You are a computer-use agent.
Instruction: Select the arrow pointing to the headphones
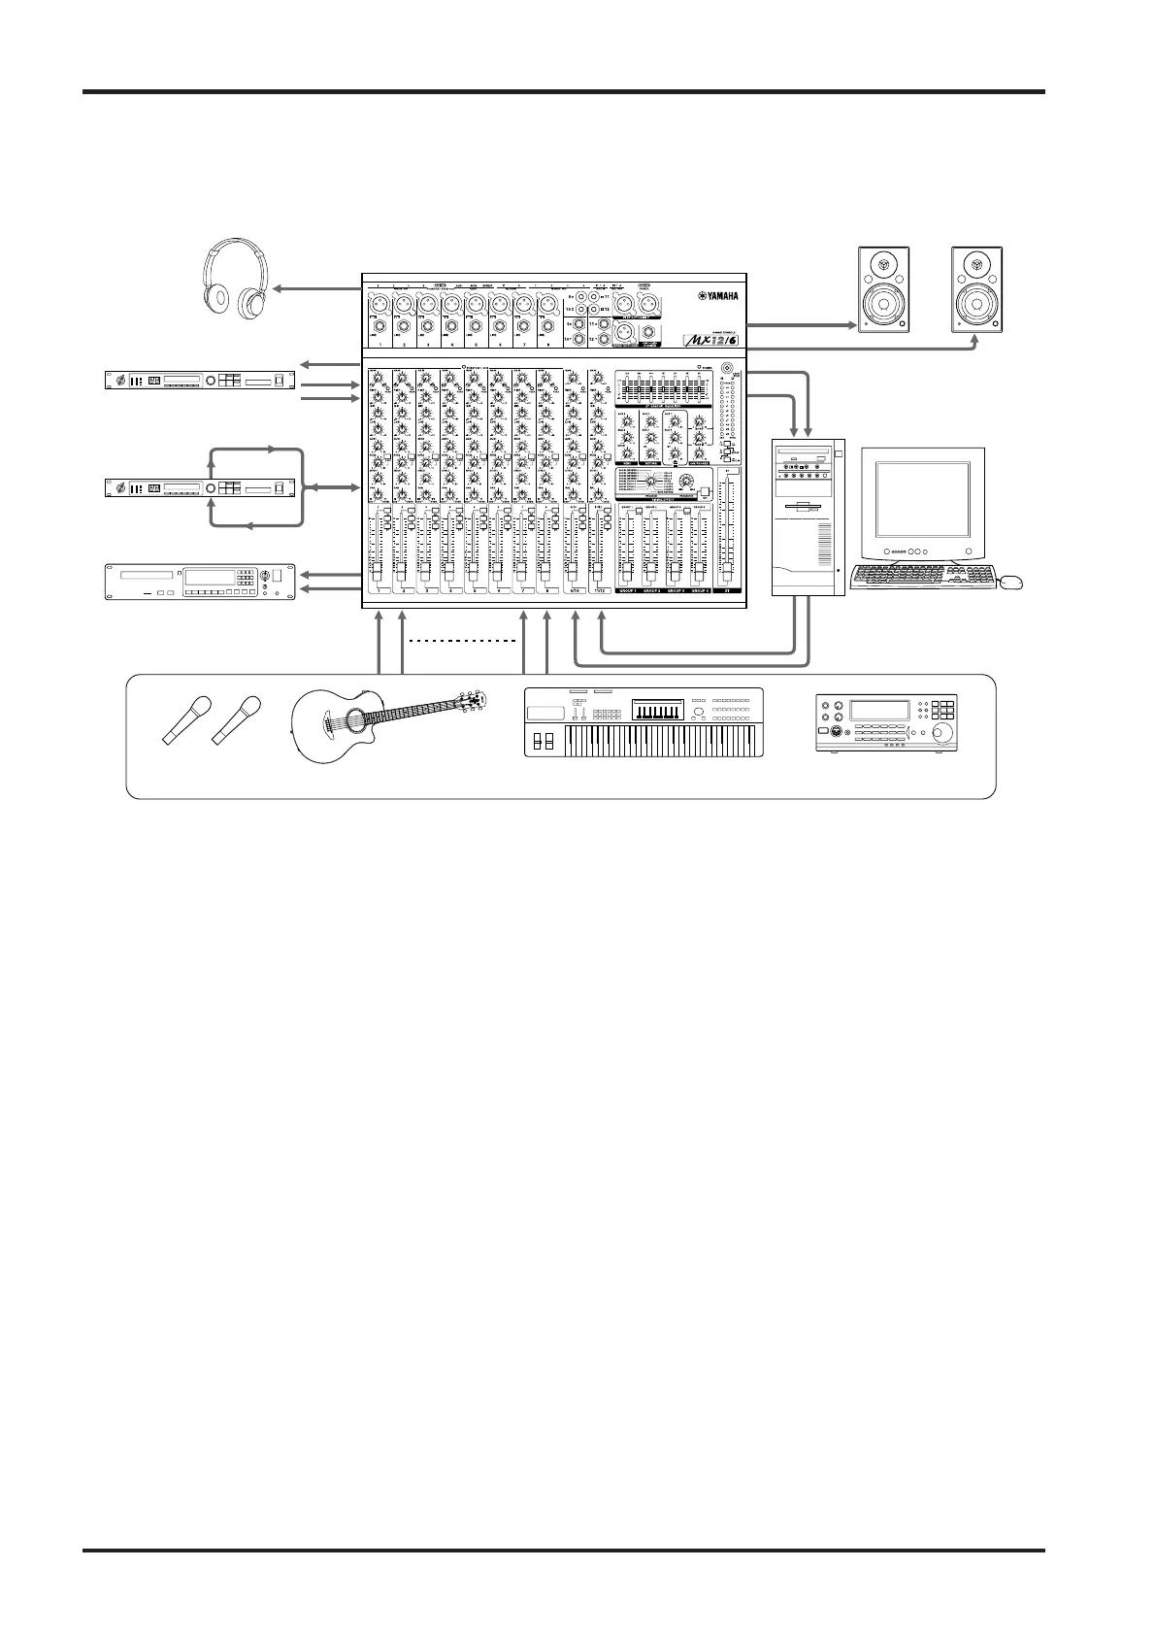[x=315, y=288]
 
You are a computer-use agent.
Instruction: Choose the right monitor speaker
[x=976, y=290]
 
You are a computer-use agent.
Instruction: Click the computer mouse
[x=1010, y=583]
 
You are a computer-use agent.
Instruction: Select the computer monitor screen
[x=922, y=502]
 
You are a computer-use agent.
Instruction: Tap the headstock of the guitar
[x=473, y=701]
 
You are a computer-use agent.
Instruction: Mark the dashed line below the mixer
[x=461, y=642]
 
